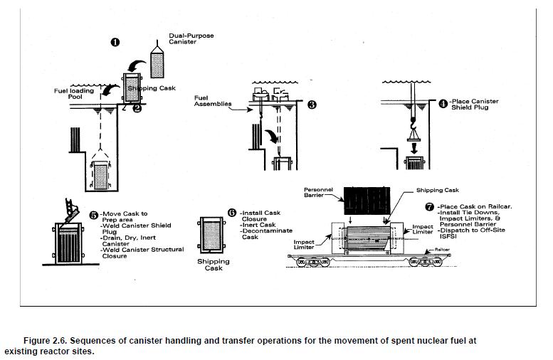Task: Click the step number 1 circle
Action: [x=115, y=43]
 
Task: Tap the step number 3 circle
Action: [x=311, y=105]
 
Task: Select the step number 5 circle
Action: [x=93, y=214]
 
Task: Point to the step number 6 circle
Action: [x=231, y=212]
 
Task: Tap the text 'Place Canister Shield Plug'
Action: [x=475, y=105]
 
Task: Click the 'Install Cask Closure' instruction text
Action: [x=261, y=216]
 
